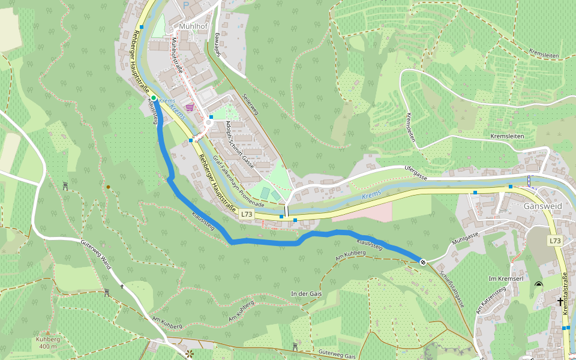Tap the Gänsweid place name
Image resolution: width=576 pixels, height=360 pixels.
pos(542,205)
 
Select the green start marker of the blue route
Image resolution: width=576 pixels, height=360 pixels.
pos(154,98)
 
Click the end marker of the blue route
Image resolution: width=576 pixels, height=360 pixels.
pos(423,262)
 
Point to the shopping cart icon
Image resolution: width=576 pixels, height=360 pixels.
pos(190,107)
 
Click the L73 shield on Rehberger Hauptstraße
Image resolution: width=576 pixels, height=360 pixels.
pos(246,214)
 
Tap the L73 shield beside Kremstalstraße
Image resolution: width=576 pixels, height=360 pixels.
pos(554,241)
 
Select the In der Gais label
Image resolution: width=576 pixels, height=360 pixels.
pos(306,293)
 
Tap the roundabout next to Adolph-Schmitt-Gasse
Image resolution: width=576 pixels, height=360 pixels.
pos(209,122)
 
